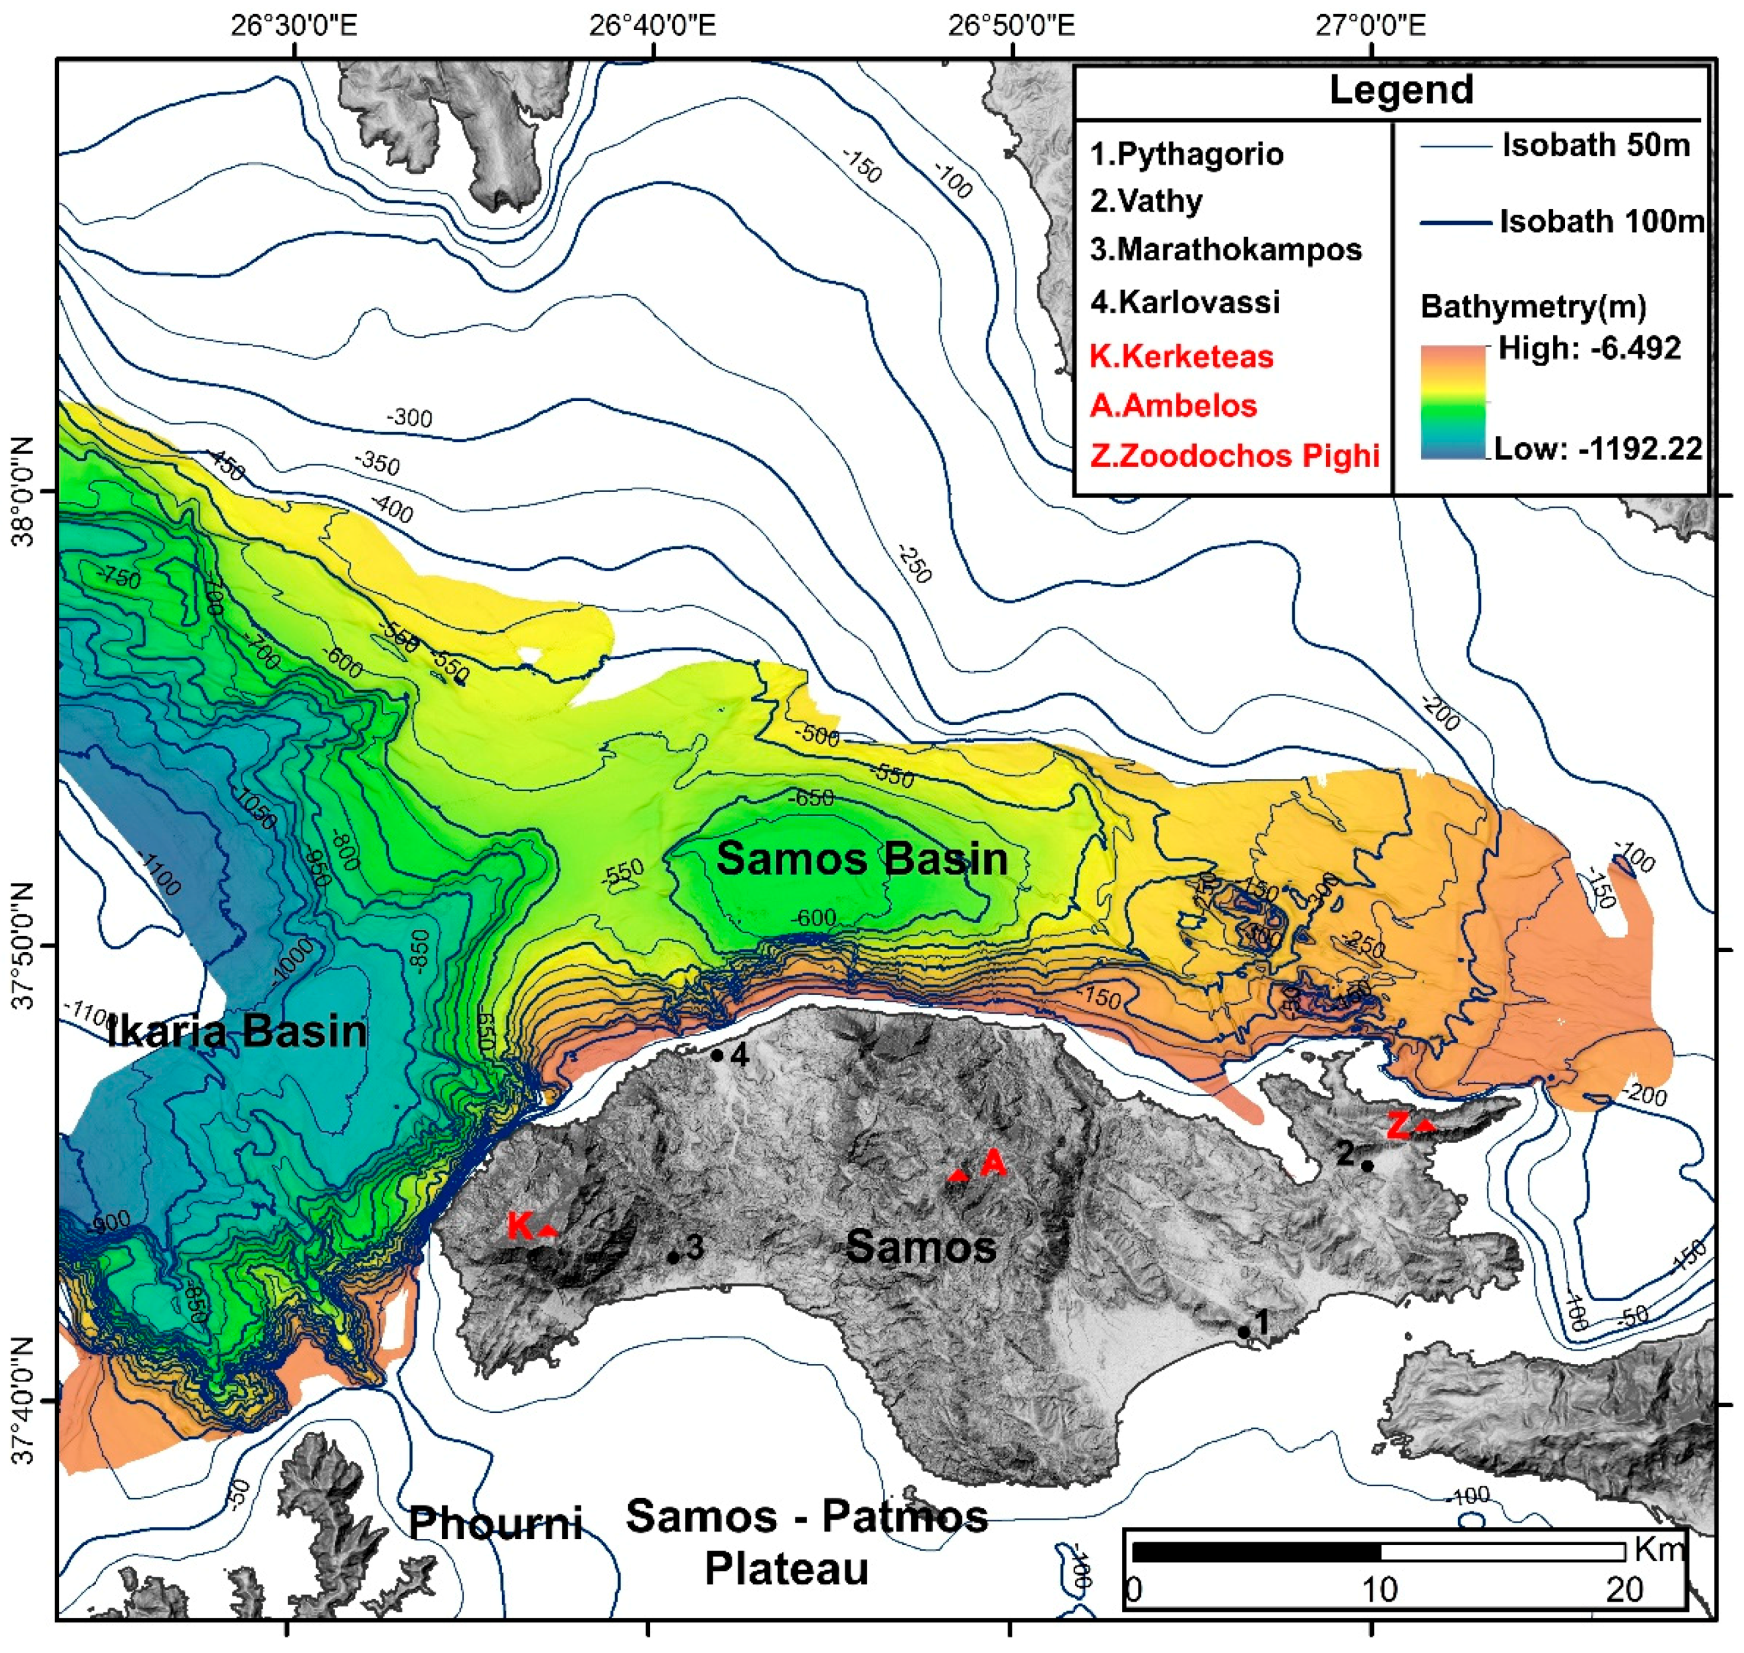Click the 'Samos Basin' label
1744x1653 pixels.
point(861,858)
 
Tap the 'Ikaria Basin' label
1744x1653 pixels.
point(236,1030)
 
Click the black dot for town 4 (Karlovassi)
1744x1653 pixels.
point(717,1054)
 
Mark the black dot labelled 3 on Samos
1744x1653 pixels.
point(673,1257)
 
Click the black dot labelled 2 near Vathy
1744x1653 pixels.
point(1367,1166)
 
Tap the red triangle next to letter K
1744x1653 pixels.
point(548,1229)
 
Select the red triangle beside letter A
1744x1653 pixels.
point(958,1175)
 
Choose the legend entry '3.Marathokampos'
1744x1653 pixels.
point(1225,250)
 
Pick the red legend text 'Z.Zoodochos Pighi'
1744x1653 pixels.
point(1234,455)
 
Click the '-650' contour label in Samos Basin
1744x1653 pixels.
point(811,797)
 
